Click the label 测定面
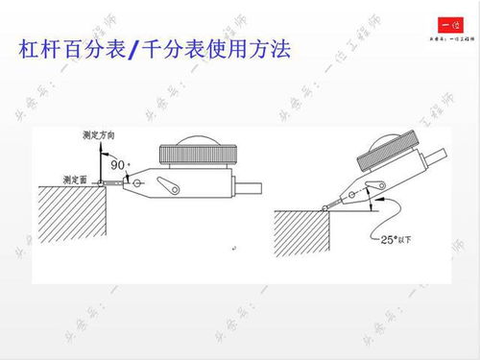pyautogui.click(x=74, y=178)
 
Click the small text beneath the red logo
pyautogui.click(x=446, y=39)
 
